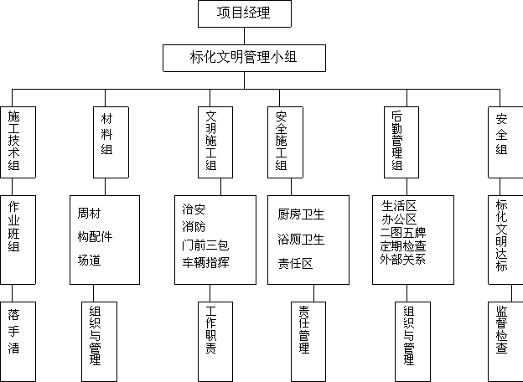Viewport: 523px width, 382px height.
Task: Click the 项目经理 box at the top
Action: click(245, 13)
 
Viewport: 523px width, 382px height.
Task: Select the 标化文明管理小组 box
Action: click(244, 58)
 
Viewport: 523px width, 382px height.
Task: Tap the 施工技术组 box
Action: click(18, 142)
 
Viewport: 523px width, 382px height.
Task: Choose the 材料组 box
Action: click(111, 142)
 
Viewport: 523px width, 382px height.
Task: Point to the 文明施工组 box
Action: click(215, 142)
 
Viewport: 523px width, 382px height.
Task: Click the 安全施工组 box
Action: click(285, 142)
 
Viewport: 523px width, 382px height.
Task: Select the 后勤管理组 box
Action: click(401, 142)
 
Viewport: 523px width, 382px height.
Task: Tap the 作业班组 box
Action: click(18, 240)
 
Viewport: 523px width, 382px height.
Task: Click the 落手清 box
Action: click(18, 342)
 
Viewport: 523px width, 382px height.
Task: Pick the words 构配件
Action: click(95, 237)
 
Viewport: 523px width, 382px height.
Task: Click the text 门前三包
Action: click(205, 245)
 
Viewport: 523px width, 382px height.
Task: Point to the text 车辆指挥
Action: click(205, 263)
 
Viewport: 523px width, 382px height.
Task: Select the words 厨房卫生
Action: click(301, 214)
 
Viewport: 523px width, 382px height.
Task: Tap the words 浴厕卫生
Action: click(301, 240)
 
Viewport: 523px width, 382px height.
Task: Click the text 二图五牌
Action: click(403, 232)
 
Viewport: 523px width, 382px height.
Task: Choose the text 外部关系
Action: click(403, 259)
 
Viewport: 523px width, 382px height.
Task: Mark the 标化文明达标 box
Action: click(505, 240)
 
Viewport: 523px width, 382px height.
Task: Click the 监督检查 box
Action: click(505, 342)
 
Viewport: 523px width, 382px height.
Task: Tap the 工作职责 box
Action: click(215, 342)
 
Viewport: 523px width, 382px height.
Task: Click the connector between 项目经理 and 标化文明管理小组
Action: click(244, 36)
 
